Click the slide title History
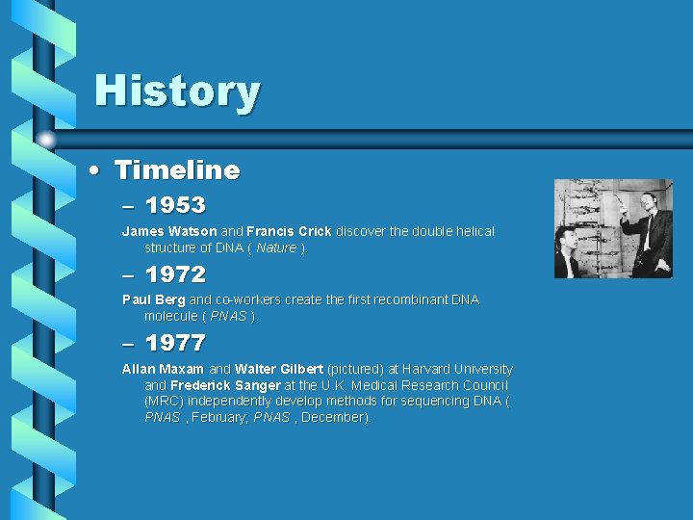(177, 91)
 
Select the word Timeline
(177, 170)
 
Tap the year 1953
(175, 205)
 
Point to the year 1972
(175, 273)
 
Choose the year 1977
(175, 343)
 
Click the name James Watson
(169, 231)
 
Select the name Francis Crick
(289, 231)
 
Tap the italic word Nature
(276, 247)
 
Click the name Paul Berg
(154, 299)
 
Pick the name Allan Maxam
(163, 369)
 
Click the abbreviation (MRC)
(164, 401)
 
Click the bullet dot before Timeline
(92, 171)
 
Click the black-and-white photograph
(613, 228)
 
